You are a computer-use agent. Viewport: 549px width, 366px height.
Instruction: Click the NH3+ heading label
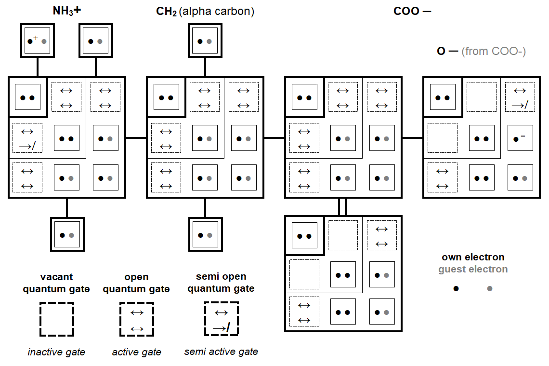(66, 11)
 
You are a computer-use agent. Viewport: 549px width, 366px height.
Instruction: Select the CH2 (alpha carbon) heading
(205, 11)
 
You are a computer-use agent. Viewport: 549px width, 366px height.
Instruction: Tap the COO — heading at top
(412, 11)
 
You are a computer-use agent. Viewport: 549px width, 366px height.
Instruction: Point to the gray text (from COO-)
(493, 51)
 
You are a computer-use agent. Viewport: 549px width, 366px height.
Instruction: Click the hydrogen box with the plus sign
(37, 41)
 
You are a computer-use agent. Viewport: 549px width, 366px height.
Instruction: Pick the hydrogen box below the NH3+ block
(67, 235)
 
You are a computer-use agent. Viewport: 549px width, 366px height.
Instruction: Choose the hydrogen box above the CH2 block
(205, 41)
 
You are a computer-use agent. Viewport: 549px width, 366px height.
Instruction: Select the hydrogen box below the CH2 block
(205, 235)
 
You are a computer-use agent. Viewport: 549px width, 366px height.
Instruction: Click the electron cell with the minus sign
(520, 138)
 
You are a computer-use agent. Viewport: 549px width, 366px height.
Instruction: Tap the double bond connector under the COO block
(342, 206)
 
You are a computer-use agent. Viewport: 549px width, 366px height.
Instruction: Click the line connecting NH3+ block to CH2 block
(136, 138)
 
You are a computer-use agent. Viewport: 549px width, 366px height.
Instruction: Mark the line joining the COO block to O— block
(412, 138)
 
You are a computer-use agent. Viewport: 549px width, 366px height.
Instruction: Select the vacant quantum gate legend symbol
(56, 319)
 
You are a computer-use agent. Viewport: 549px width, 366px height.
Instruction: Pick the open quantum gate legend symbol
(137, 319)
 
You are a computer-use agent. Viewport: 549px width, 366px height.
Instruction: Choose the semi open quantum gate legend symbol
(221, 319)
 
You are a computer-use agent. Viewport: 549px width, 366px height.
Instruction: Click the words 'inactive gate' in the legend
(56, 352)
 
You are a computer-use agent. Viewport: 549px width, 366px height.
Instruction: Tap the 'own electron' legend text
(473, 257)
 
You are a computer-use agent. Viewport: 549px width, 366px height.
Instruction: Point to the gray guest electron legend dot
(490, 288)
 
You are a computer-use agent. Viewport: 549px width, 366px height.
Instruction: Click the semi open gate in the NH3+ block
(27, 138)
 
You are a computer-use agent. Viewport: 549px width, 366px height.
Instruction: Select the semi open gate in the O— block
(520, 97)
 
